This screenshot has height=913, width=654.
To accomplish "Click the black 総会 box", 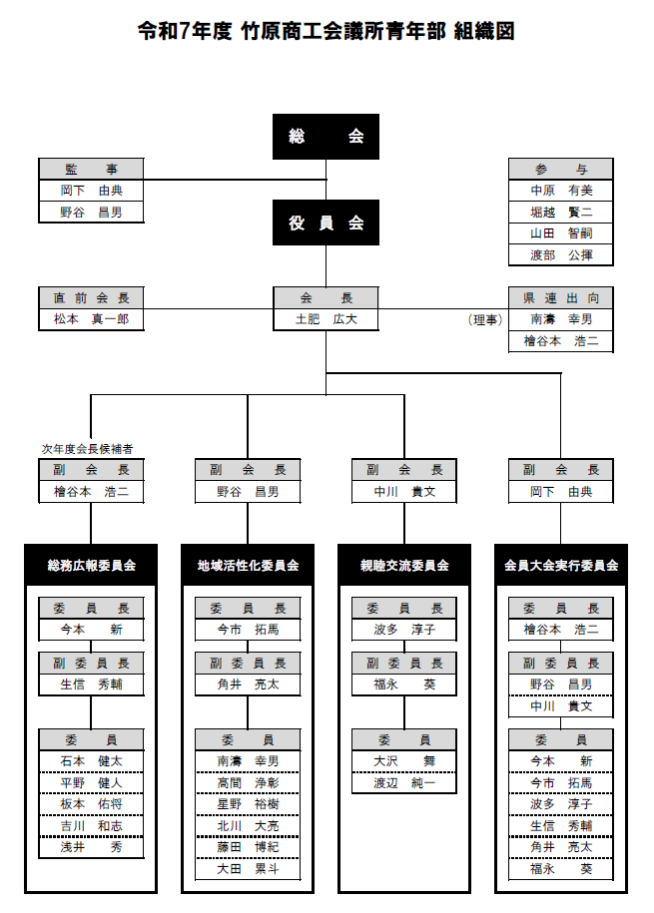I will [x=326, y=137].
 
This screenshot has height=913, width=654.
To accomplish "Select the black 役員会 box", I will [x=326, y=223].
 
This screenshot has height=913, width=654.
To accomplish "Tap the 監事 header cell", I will [x=91, y=169].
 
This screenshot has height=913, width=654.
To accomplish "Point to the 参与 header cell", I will [x=560, y=169].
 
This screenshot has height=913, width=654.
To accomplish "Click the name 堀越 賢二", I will [x=560, y=212].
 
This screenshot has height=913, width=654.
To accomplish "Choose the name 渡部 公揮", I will [x=560, y=254].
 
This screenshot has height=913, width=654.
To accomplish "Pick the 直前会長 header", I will [x=91, y=297].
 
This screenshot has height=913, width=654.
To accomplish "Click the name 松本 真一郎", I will [x=91, y=319].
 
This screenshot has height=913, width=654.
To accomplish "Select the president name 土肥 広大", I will [x=326, y=319].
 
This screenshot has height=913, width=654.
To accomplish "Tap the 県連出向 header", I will [x=560, y=297].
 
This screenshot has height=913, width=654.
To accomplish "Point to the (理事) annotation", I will [x=485, y=320].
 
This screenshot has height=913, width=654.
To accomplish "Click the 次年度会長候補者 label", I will [x=87, y=450].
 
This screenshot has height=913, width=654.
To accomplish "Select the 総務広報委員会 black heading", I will [x=91, y=565].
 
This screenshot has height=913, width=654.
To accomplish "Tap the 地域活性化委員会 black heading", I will [x=248, y=565].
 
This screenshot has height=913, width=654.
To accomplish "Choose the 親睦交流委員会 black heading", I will [x=404, y=565].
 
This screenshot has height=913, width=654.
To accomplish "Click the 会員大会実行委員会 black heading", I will [x=561, y=565].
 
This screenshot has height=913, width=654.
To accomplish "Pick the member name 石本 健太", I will [x=91, y=760].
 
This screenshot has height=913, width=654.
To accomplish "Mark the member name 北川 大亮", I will [x=248, y=825].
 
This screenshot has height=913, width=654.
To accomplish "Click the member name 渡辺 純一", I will [x=404, y=782].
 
